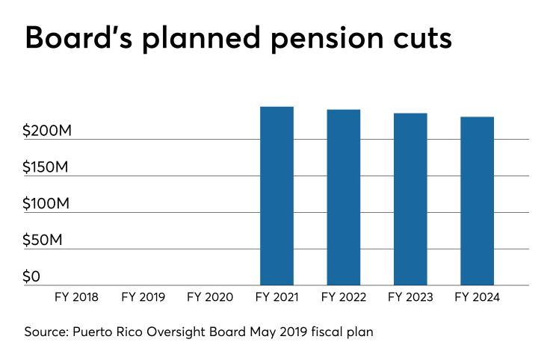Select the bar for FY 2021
[276, 196]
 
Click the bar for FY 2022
[343, 197]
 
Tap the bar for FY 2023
[410, 199]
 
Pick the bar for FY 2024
[477, 201]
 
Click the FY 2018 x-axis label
[76, 297]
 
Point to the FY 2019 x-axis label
[143, 297]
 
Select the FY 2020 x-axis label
[210, 297]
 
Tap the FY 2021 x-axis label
[276, 297]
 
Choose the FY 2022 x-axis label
[343, 297]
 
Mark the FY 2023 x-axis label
[410, 297]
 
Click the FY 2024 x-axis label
[477, 297]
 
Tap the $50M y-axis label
[41, 240]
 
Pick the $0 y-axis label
[31, 277]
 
